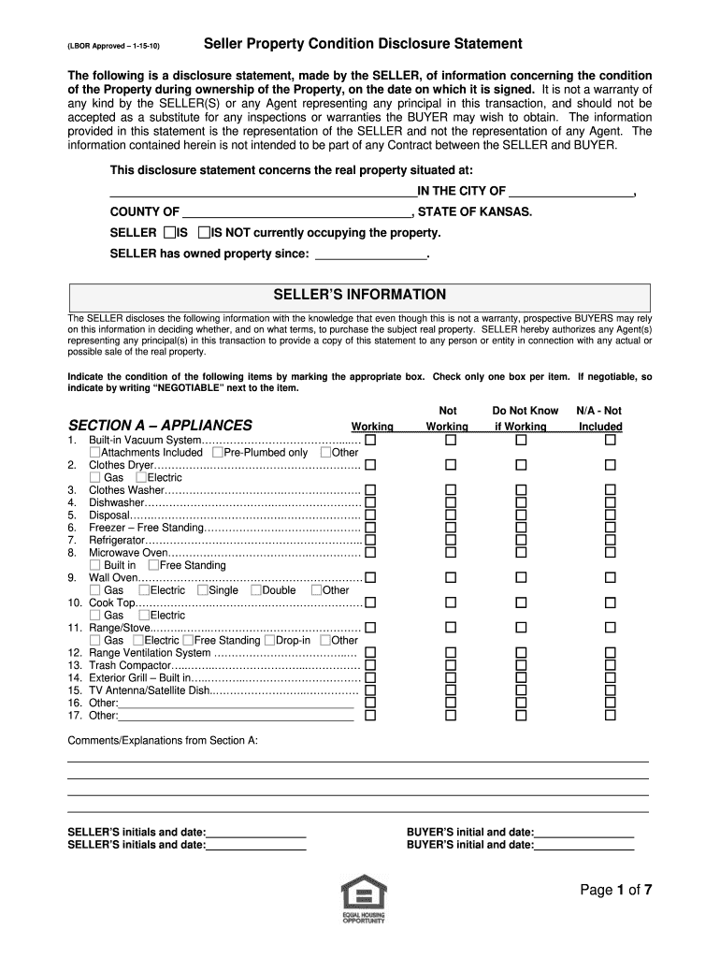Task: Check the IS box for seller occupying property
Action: [x=168, y=232]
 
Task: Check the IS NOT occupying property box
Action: [x=204, y=232]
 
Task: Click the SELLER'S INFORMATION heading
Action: [x=359, y=295]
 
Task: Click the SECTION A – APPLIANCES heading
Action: [x=160, y=425]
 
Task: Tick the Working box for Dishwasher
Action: [x=370, y=502]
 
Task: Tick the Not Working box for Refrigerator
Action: [x=451, y=540]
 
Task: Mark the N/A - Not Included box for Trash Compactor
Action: [x=611, y=665]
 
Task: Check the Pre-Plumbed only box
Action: [x=218, y=453]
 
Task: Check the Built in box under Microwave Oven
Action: [x=94, y=565]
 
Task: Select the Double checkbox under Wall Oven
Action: [x=255, y=590]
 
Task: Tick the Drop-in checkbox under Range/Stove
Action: [x=269, y=641]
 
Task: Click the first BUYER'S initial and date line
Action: [x=583, y=832]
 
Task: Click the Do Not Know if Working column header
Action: [x=525, y=418]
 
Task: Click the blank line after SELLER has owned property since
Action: [x=371, y=254]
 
